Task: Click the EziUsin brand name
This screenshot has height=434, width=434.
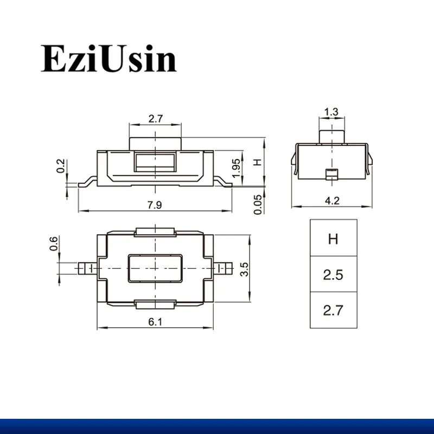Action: click(x=108, y=59)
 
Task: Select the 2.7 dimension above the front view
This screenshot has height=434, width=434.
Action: click(x=155, y=119)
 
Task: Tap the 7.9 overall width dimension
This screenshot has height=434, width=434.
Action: click(x=155, y=205)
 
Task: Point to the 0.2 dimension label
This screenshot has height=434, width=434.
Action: click(x=61, y=166)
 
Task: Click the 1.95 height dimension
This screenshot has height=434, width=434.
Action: click(x=236, y=168)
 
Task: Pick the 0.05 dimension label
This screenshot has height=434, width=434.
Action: click(x=258, y=205)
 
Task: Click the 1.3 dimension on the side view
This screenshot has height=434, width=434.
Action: click(x=331, y=112)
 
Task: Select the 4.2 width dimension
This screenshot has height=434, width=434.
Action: click(x=332, y=200)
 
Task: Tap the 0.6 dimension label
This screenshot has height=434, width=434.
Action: click(x=54, y=243)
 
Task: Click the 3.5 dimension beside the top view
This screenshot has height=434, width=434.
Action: click(x=245, y=269)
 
